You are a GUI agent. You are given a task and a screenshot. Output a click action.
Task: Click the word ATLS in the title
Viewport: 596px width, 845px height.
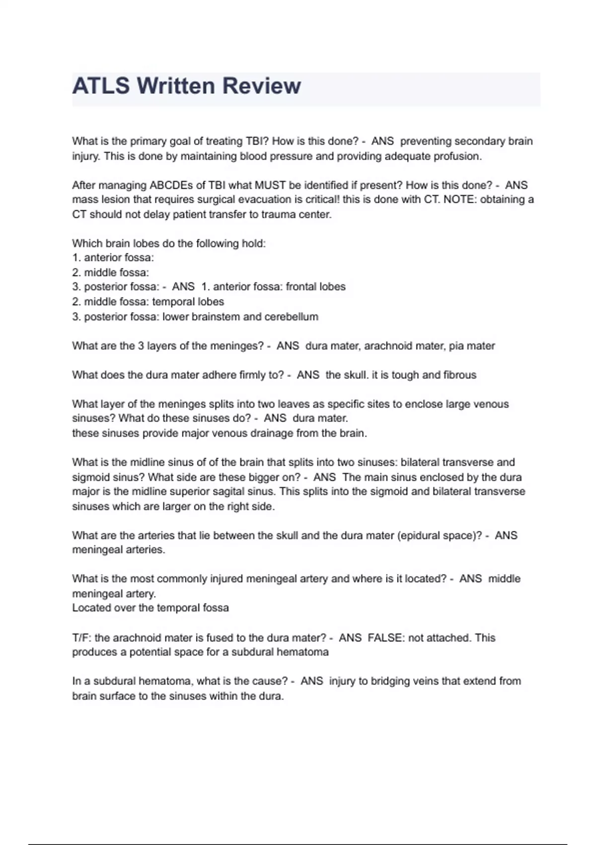(x=101, y=85)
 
